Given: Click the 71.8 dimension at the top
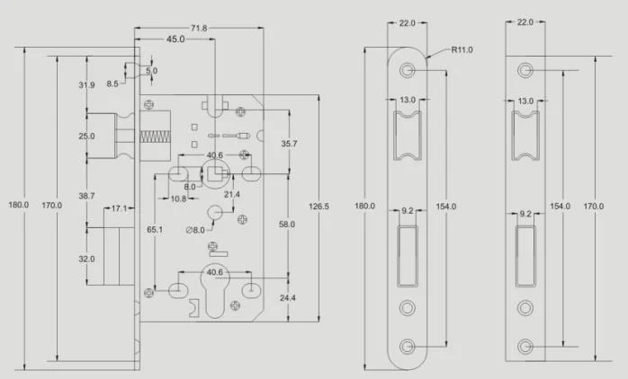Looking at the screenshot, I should (198, 29).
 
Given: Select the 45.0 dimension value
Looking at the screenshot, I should (175, 40).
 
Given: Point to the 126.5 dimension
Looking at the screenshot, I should (318, 207).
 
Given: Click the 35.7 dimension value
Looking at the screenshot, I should (287, 144).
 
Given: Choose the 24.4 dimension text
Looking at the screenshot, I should (287, 297).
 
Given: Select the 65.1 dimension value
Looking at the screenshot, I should (156, 230).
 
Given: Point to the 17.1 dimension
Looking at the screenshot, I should (119, 208).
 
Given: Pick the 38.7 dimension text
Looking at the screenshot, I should (86, 195).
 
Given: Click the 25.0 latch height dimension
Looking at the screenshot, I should (86, 137).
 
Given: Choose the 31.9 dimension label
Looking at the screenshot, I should (86, 85).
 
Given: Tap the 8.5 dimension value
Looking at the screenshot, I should (112, 83).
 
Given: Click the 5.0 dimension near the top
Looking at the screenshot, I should (151, 69).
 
